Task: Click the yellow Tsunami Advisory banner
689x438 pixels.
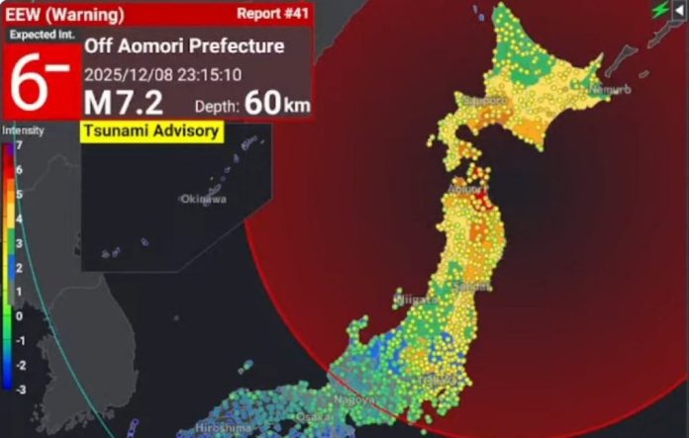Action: pyautogui.click(x=150, y=131)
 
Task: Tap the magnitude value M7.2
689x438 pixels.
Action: pyautogui.click(x=124, y=102)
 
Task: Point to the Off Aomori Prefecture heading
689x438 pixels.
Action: pyautogui.click(x=184, y=46)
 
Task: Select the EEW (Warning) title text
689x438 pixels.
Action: pyautogui.click(x=63, y=15)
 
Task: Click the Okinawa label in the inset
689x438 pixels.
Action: pyautogui.click(x=203, y=199)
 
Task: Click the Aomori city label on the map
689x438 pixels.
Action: pyautogui.click(x=467, y=188)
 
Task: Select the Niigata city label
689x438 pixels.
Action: pyautogui.click(x=414, y=298)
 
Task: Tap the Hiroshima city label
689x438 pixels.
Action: pyautogui.click(x=223, y=427)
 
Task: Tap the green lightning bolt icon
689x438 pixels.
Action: pyautogui.click(x=660, y=9)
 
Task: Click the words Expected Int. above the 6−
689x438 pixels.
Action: pyautogui.click(x=38, y=34)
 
